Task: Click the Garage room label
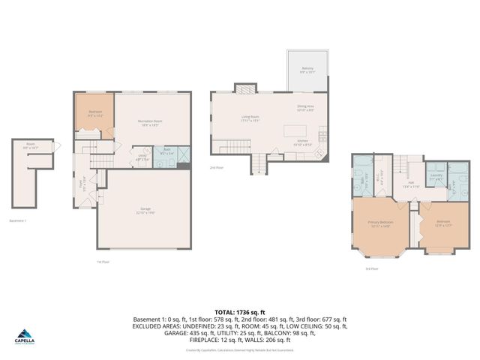click(x=145, y=211)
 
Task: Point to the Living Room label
click(x=250, y=118)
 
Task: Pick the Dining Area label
click(x=306, y=108)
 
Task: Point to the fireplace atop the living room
click(x=245, y=88)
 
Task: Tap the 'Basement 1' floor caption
click(x=18, y=220)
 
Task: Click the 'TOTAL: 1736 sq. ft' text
click(x=239, y=311)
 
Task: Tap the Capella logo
click(x=25, y=337)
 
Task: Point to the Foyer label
click(x=82, y=182)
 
